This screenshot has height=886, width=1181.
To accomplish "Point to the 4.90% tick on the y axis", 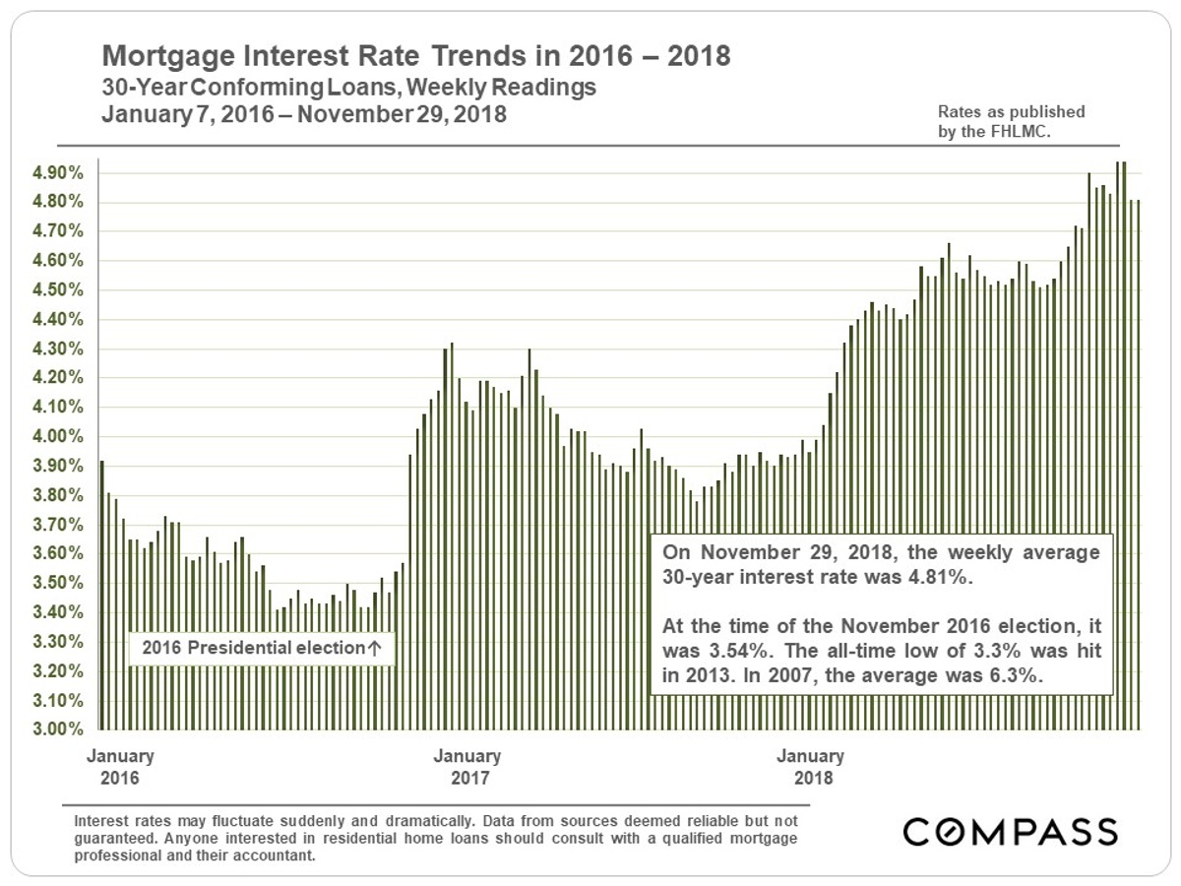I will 60,173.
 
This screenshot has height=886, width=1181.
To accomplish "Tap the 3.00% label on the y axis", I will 60,730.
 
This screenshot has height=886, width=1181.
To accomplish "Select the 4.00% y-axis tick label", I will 60,437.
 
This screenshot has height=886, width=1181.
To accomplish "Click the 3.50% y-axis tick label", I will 60,584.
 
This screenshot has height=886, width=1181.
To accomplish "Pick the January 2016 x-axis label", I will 120,766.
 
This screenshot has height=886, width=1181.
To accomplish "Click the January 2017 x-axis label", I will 466,766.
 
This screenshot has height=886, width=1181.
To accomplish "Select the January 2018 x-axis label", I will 810,766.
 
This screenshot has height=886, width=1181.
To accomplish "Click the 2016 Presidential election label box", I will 261,649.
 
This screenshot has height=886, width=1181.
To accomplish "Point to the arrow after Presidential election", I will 374,649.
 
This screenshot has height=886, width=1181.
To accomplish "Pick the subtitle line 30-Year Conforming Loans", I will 349,88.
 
